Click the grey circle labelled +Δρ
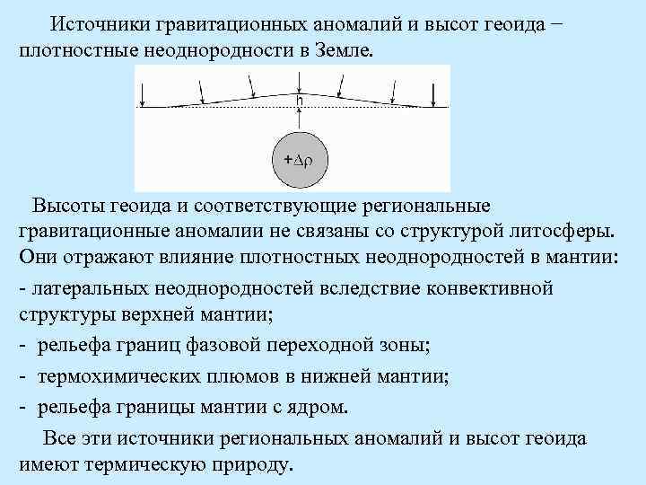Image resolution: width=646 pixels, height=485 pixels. coord(300,159)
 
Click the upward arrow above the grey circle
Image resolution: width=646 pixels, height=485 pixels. coord(300,119)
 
